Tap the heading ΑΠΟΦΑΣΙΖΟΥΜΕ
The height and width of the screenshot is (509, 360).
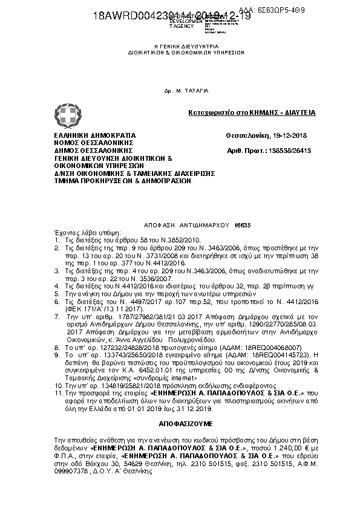point(179,418)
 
